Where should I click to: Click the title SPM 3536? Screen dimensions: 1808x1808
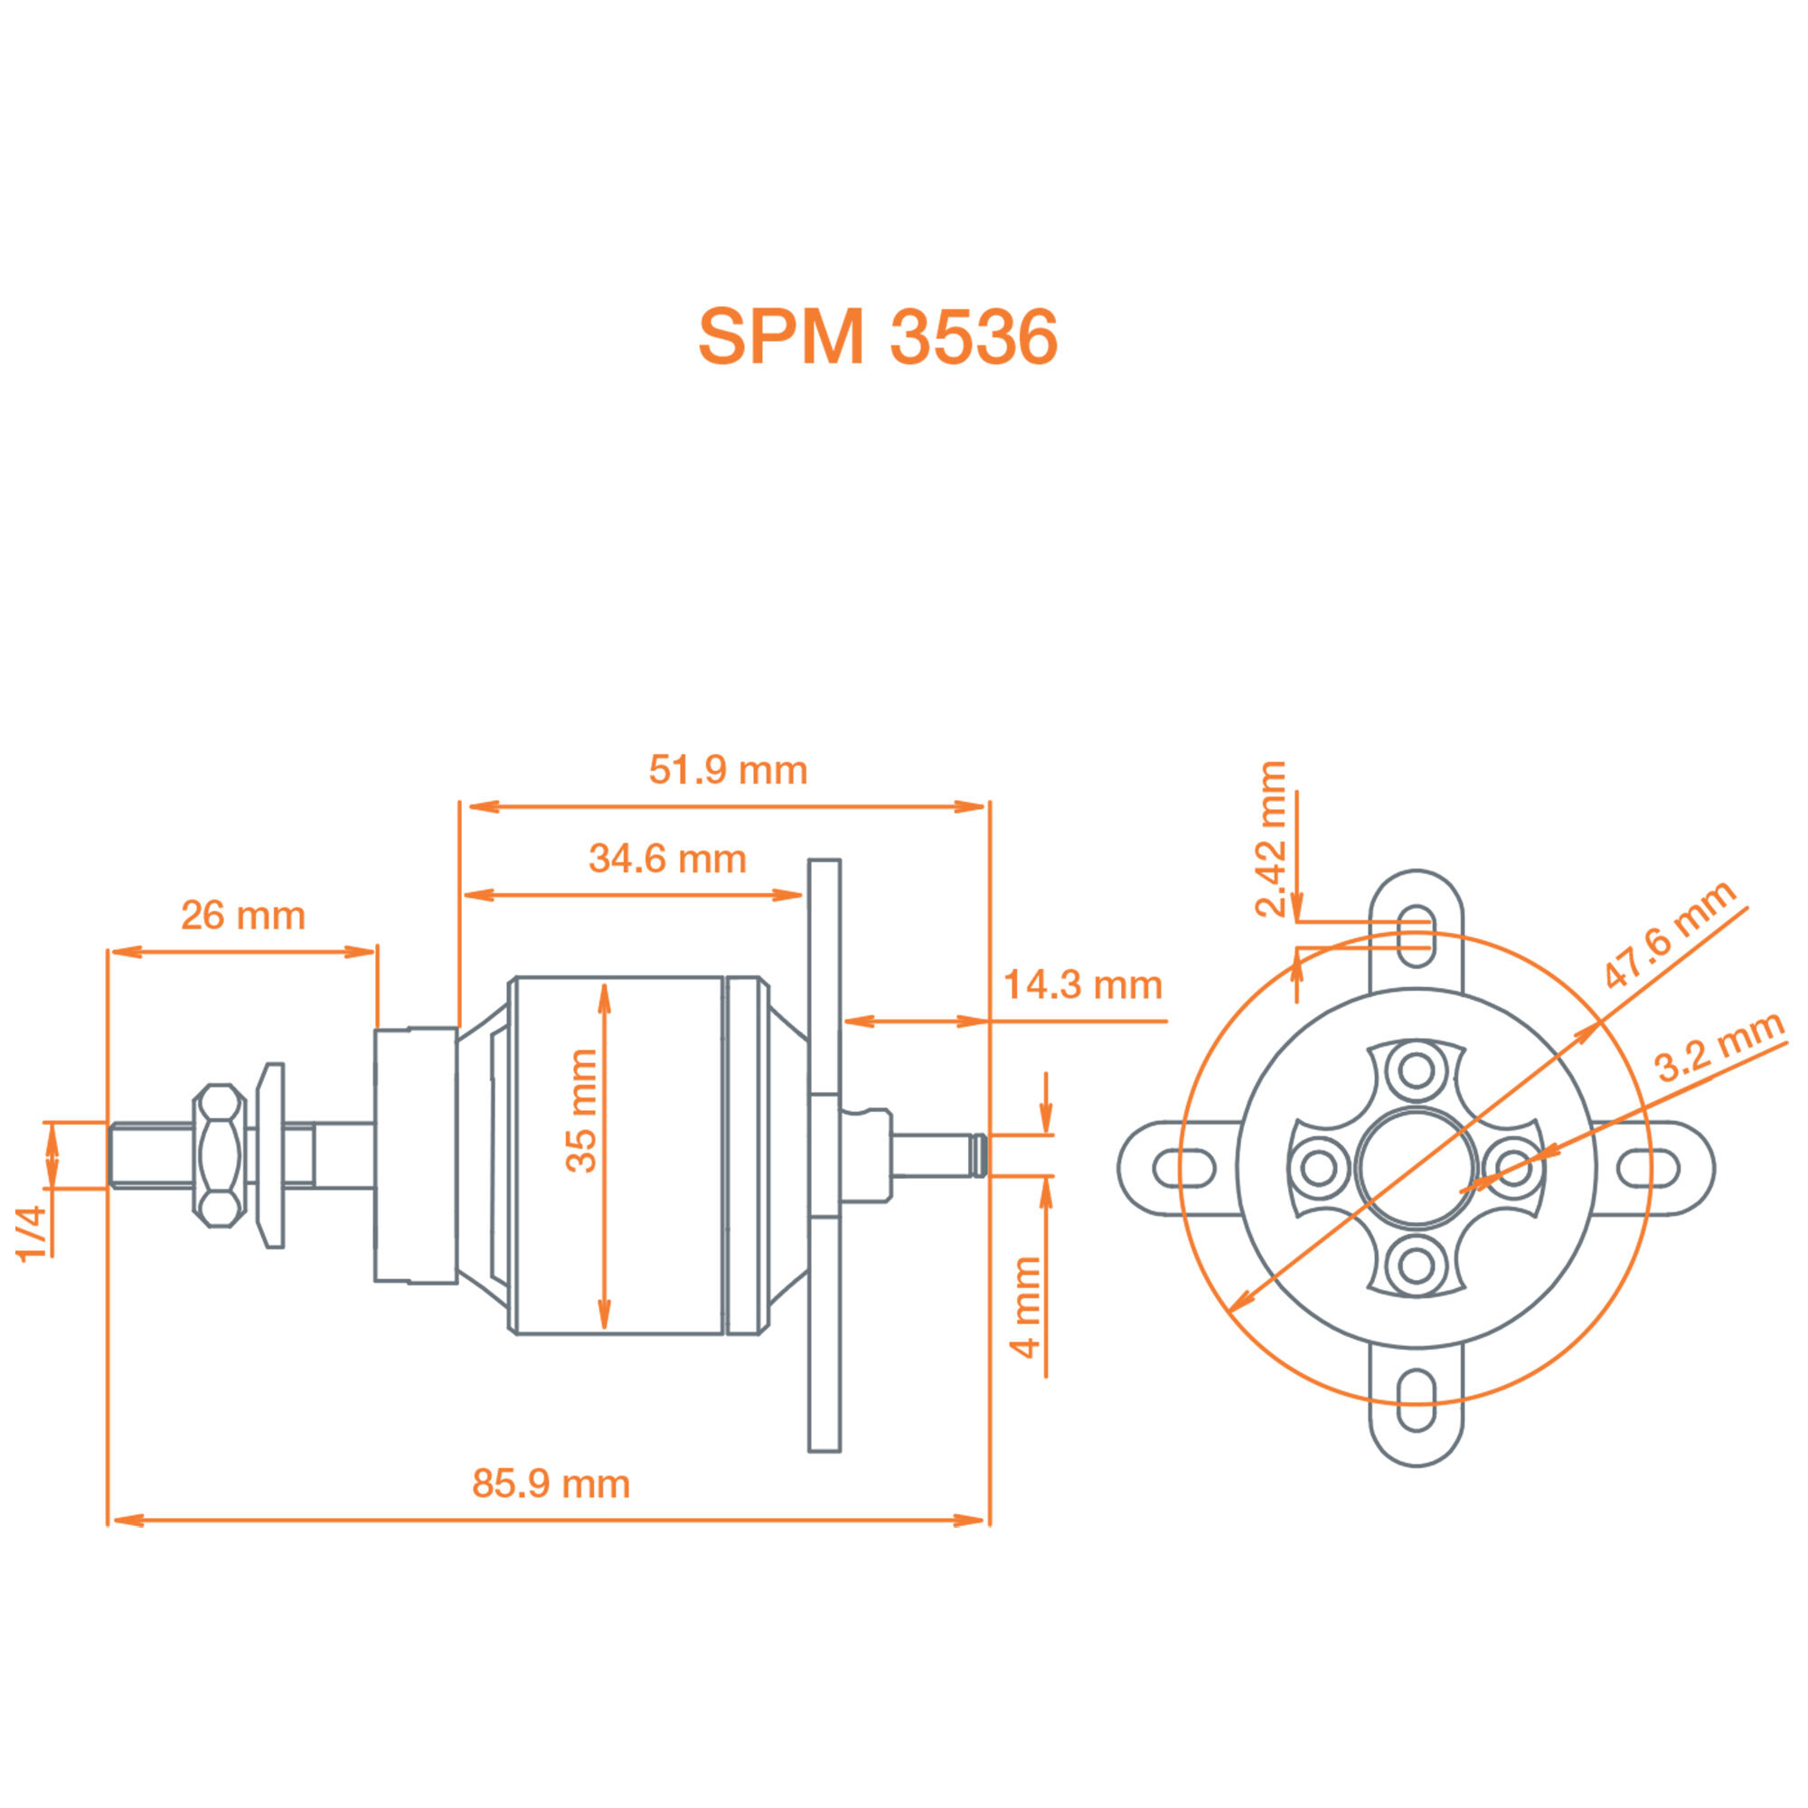click(877, 337)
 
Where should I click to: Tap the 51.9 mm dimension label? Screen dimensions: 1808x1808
click(727, 770)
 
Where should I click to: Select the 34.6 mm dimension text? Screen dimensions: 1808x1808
click(667, 859)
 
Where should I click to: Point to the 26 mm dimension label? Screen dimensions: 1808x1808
click(243, 915)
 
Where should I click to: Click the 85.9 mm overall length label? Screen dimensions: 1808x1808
click(551, 1484)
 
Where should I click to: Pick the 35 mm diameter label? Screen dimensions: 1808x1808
click(581, 1110)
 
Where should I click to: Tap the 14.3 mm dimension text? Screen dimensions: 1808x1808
click(1083, 985)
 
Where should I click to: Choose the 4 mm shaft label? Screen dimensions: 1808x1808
click(1026, 1307)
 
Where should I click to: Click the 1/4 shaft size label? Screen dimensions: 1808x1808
click(32, 1234)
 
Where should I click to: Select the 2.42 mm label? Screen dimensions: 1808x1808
click(1272, 840)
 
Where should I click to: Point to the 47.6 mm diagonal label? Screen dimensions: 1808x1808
click(1670, 934)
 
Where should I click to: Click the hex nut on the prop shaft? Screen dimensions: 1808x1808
click(219, 1155)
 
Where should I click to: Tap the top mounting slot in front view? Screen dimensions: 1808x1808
click(1417, 936)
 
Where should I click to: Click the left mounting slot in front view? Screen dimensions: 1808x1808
click(1184, 1169)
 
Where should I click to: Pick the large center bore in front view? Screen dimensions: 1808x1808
click(1417, 1168)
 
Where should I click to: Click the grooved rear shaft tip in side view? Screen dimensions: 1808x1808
click(978, 1154)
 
